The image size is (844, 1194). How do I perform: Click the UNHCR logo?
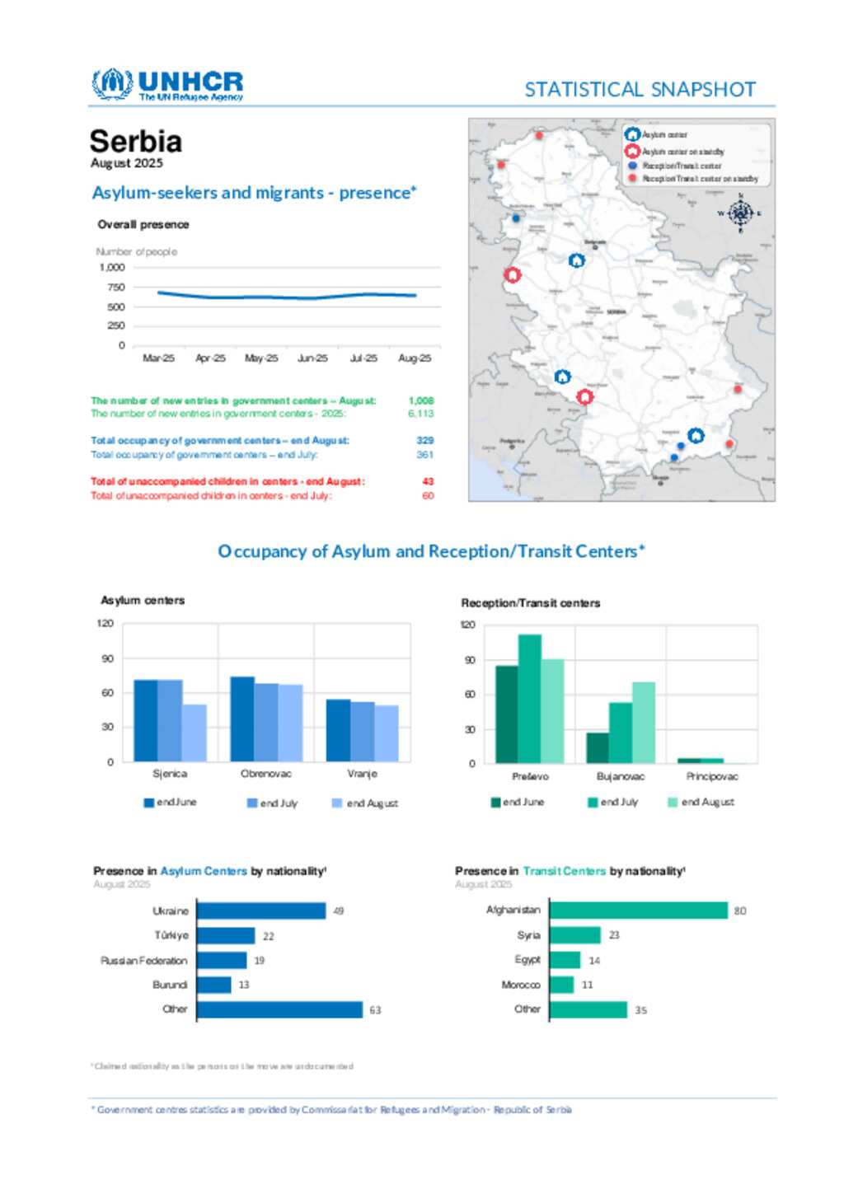coord(167,85)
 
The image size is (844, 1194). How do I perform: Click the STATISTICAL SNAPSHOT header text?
coord(640,90)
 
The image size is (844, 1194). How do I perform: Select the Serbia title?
coord(135,142)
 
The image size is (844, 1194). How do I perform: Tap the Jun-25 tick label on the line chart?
coord(312,358)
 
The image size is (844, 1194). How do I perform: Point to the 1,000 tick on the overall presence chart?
coord(112,268)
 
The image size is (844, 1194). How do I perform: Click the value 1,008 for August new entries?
coord(421,400)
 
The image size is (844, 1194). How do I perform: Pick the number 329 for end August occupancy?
coord(425,441)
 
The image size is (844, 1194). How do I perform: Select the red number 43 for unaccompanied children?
coord(428,481)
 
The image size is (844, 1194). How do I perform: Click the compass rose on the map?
coord(740,213)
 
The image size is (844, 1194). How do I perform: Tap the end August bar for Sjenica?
coord(195,733)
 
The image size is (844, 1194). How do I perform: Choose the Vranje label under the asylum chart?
coord(362,774)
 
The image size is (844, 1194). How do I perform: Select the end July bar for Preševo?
coord(530,699)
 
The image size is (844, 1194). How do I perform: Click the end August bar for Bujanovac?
coord(644,723)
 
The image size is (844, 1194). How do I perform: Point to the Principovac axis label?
coord(712,776)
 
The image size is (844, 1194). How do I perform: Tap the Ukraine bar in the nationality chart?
coord(261,911)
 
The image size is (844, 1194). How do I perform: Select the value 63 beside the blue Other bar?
coord(375,1010)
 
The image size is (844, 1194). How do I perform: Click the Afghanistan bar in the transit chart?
coord(638,911)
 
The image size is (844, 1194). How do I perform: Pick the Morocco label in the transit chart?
coord(521,985)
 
